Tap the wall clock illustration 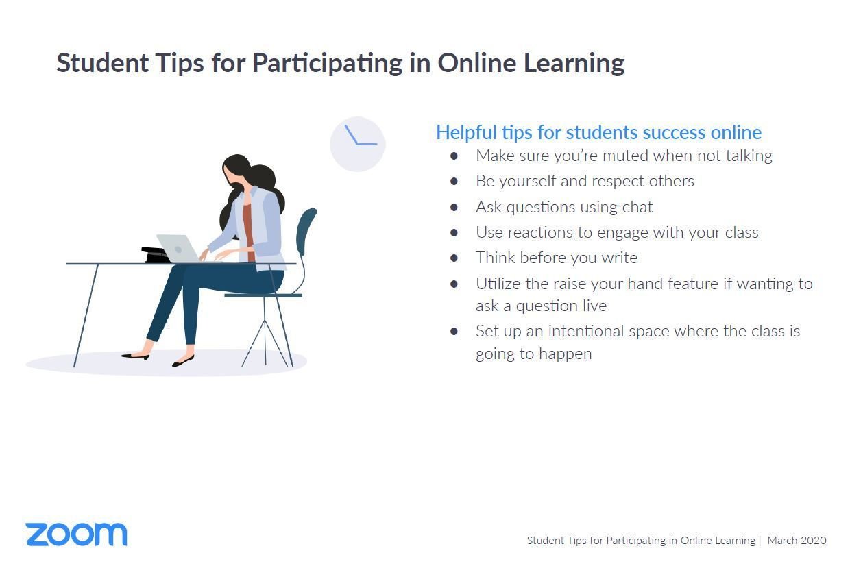(x=357, y=144)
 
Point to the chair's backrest (x=306, y=231)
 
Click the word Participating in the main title (x=327, y=63)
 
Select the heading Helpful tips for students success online (x=598, y=132)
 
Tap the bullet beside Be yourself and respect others (x=454, y=182)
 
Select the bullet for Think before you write (x=454, y=258)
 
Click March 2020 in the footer (x=797, y=540)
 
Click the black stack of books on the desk (x=156, y=254)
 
